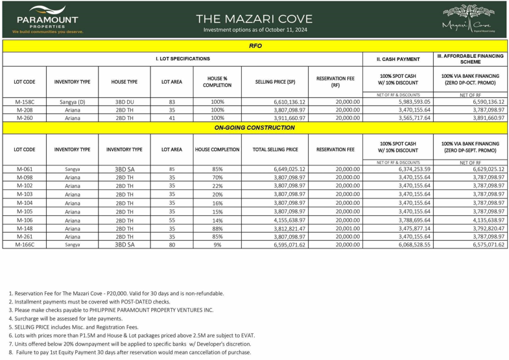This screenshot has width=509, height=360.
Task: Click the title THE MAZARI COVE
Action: pos(254,19)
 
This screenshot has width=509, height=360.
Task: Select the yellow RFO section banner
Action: pos(255,46)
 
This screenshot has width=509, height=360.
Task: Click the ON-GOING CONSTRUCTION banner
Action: pos(255,128)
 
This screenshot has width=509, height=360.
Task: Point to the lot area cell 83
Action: pos(172,102)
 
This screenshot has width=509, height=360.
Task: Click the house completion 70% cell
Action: pos(217,177)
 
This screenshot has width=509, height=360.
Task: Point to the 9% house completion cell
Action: pos(217,245)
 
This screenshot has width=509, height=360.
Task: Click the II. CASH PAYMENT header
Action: pos(397,59)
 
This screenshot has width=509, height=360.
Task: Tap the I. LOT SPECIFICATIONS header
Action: pos(182,59)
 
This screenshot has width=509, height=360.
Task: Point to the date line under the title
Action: pos(254,30)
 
